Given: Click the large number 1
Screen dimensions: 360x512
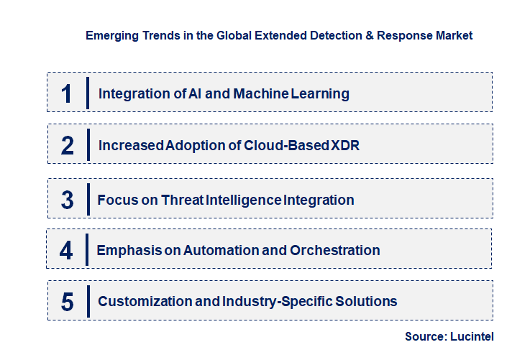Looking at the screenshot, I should pos(66,93).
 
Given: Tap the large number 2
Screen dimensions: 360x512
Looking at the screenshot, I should pos(68,145).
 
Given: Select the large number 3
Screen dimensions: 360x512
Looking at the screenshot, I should pos(67,200).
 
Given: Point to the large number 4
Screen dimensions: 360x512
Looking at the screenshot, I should pos(66,251).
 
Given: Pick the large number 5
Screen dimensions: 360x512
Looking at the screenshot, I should pos(67,301).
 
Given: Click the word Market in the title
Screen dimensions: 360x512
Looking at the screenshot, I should pos(453,35).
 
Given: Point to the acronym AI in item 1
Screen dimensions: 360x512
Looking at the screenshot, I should pos(175,93).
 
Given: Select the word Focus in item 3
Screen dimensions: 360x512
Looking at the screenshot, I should pos(115,200).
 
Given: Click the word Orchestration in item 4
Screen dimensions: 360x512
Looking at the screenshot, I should pos(334,251).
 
